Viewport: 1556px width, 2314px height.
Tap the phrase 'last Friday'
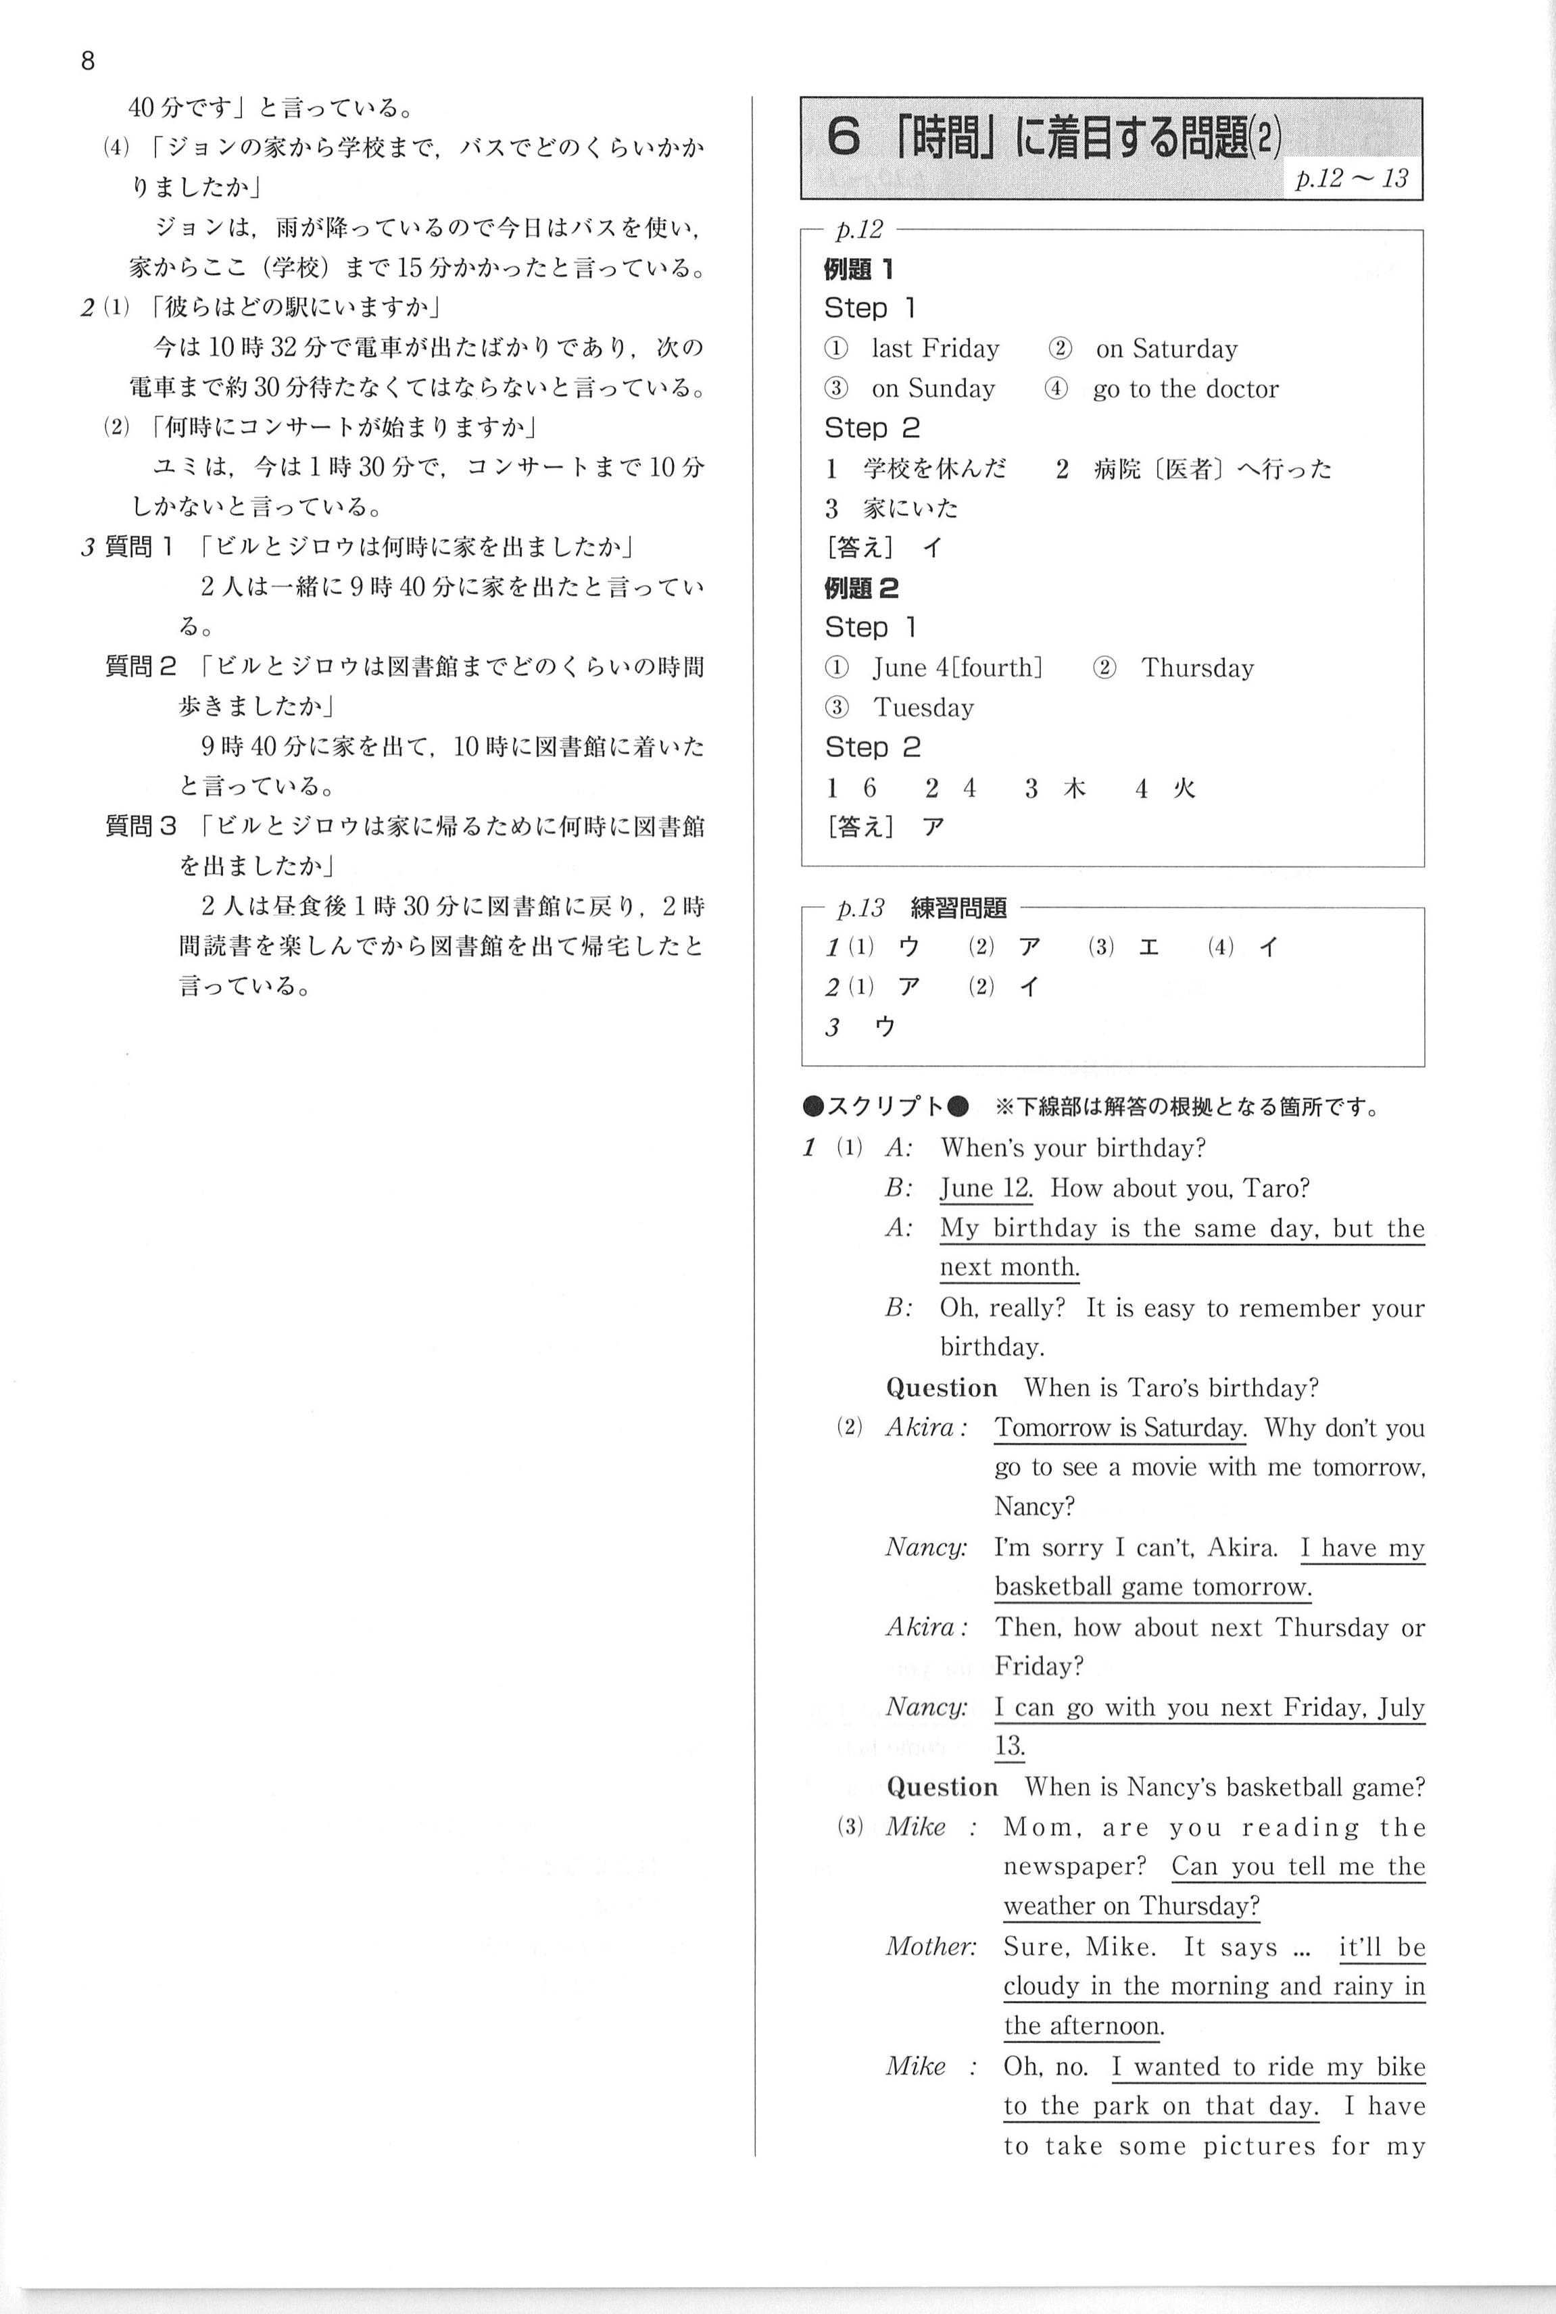pos(935,348)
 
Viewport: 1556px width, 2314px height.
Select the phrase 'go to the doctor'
pos(1185,389)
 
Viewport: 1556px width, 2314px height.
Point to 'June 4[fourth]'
pos(956,668)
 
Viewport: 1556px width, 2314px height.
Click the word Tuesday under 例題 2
pos(923,708)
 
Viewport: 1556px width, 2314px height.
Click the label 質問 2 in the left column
pos(140,667)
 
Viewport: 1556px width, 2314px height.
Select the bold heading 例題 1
pos(858,269)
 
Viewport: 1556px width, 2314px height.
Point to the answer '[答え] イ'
pos(883,547)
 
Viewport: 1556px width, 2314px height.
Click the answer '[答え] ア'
pos(883,827)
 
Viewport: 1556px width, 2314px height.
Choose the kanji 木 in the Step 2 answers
pos(1073,788)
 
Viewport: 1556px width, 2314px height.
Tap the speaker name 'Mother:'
pos(930,1946)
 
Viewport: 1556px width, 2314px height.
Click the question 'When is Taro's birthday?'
pos(1170,1387)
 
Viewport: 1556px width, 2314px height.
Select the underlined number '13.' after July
pos(1009,1746)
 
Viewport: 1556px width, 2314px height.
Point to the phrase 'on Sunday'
pos(932,389)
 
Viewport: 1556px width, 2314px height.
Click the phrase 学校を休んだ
pos(933,468)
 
